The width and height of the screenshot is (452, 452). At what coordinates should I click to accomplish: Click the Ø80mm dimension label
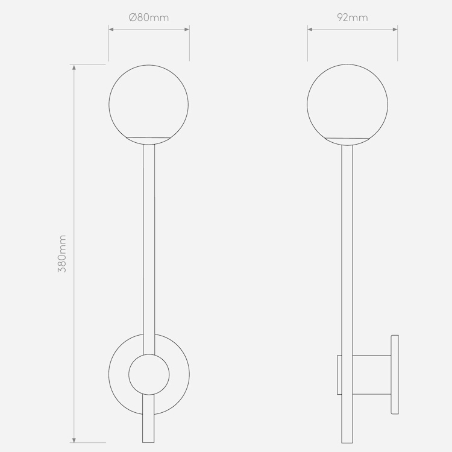pyautogui.click(x=149, y=17)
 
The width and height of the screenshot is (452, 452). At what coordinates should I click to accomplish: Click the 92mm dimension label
pyautogui.click(x=353, y=17)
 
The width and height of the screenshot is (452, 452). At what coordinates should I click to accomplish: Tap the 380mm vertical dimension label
pyautogui.click(x=62, y=254)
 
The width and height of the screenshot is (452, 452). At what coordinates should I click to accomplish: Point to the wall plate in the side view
pyautogui.click(x=395, y=375)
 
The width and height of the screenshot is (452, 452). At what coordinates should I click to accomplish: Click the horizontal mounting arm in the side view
pyautogui.click(x=372, y=375)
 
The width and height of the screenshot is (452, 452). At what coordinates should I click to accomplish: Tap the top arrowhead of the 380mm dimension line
pyautogui.click(x=74, y=67)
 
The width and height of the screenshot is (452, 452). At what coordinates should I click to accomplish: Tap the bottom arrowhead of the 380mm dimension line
pyautogui.click(x=74, y=439)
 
